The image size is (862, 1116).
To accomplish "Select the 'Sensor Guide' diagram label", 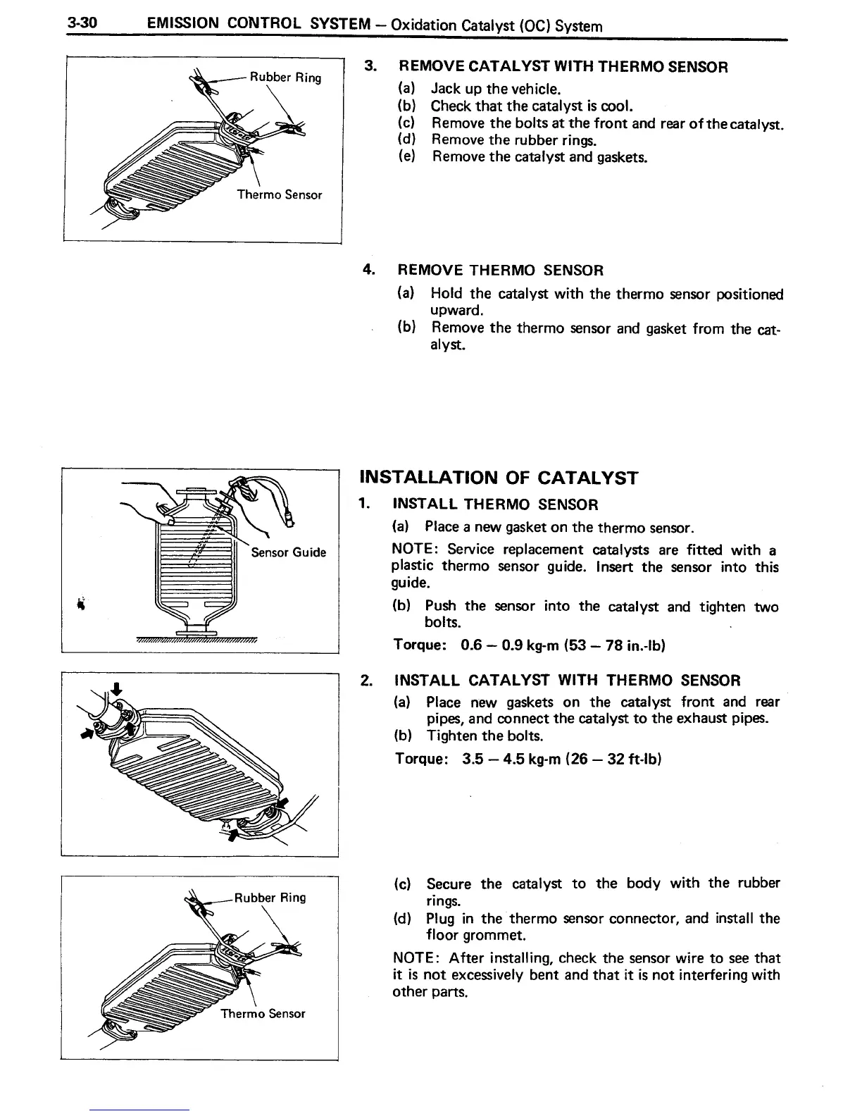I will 289,552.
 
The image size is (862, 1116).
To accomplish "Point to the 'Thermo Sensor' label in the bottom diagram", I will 263,1014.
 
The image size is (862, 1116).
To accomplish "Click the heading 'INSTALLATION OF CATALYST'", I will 499,478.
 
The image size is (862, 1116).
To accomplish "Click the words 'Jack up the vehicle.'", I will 495,89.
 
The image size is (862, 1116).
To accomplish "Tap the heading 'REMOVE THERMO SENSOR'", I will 501,271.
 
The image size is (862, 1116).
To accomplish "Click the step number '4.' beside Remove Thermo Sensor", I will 368,270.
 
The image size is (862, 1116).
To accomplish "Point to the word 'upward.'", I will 456,311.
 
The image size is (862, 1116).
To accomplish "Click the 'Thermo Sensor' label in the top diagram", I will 279,194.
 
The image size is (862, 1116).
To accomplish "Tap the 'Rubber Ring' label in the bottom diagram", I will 270,898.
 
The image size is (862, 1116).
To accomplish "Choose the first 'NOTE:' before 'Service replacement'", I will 416,550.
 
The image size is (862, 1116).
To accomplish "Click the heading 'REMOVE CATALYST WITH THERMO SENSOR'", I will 563,67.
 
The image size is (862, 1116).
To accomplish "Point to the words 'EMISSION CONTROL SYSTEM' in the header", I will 258,25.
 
